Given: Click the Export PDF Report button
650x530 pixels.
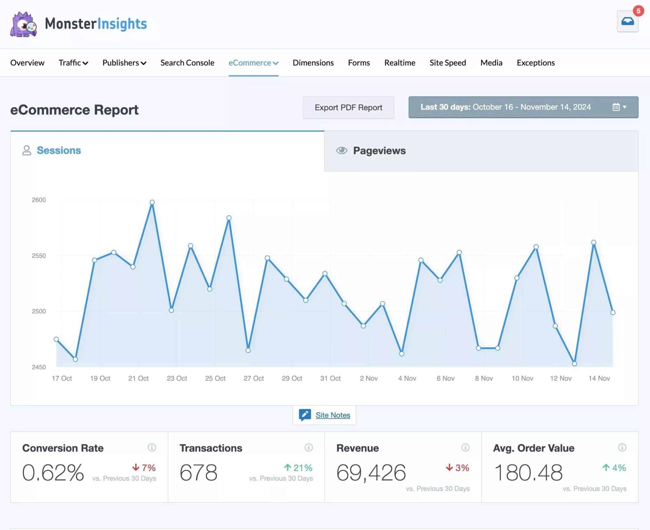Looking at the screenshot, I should (x=348, y=108).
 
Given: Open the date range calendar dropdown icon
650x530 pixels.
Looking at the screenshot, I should (x=619, y=107).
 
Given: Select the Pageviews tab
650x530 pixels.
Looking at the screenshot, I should (x=379, y=151).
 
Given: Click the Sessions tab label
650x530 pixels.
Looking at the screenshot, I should (x=59, y=150).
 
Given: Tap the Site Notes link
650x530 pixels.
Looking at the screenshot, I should (x=333, y=415).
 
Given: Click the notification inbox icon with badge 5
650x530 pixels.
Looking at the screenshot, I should (x=627, y=22).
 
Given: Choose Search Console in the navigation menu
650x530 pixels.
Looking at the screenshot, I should (x=187, y=63).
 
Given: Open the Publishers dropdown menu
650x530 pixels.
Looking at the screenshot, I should (x=124, y=63).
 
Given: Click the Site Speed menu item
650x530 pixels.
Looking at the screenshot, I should (x=448, y=63).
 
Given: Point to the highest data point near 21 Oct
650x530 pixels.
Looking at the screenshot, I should (x=152, y=202).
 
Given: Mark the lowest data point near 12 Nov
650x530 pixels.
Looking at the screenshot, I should (x=574, y=364).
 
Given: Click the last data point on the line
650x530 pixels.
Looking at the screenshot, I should (x=613, y=313).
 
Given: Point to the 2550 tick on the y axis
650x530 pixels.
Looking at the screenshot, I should (x=39, y=255).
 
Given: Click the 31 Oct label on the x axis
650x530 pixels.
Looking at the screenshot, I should (x=330, y=378).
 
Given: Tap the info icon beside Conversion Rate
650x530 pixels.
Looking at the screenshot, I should (x=152, y=447).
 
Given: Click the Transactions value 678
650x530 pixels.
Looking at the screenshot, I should (x=198, y=472).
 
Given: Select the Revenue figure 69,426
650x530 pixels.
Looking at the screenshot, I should (x=371, y=472).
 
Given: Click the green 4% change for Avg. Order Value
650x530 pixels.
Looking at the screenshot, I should (x=614, y=468).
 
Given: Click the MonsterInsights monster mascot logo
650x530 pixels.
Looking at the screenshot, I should (x=23, y=24).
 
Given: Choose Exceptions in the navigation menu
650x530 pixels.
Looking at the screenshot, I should (x=535, y=63).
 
